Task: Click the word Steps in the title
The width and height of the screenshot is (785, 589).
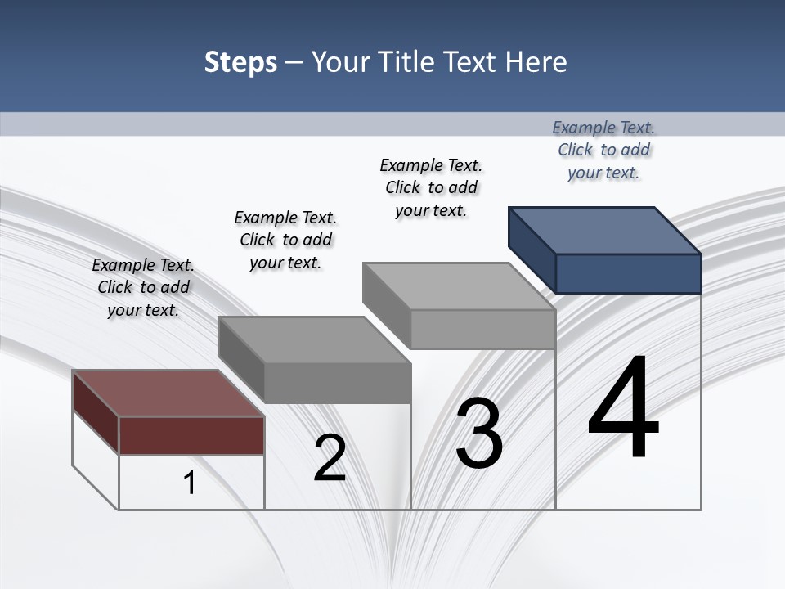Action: point(240,62)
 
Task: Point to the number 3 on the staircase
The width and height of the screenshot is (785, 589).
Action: point(479,433)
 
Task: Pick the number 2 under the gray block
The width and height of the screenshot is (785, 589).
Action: point(330,458)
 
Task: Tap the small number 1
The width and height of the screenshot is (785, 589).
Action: point(190,483)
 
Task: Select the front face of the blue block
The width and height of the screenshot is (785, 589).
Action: point(628,273)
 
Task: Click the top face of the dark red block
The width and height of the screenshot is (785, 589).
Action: point(168,393)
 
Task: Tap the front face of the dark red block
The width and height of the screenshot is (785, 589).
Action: point(191,435)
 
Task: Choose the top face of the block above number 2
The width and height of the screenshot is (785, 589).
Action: point(315,339)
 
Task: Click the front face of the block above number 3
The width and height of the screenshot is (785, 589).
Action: point(482,329)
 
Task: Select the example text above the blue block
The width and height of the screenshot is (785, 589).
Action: point(603,150)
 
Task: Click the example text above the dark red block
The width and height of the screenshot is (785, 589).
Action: point(143,287)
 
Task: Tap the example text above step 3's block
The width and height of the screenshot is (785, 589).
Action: point(431,187)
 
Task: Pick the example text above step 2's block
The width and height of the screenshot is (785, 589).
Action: point(285,240)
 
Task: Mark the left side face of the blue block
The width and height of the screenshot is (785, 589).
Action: point(532,249)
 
